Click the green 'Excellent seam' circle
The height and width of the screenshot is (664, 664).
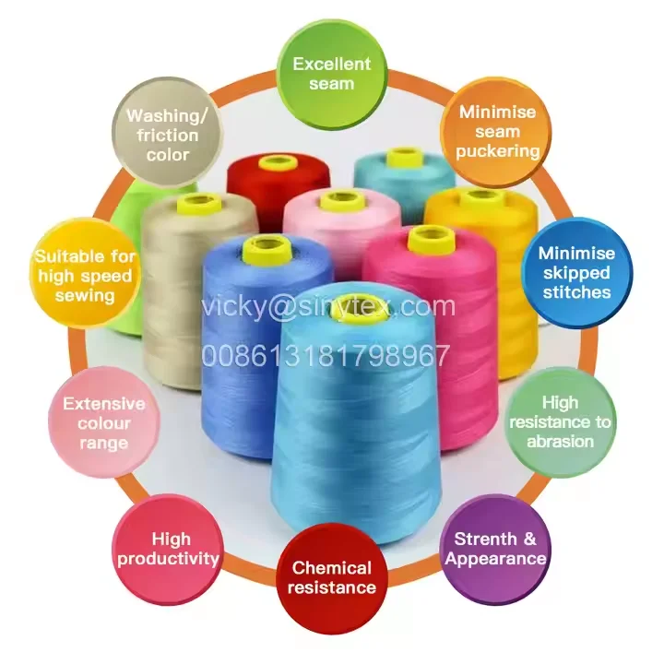331,74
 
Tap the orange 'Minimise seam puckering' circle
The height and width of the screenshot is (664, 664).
498,132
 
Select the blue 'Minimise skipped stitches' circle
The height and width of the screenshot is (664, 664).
575,272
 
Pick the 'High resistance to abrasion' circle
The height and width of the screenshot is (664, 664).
561,421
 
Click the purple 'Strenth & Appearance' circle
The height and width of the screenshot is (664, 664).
495,548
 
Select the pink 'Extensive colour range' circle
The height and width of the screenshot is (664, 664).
103,423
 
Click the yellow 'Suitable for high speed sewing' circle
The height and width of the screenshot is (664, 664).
85,275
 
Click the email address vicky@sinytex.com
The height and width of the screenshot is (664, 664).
328,306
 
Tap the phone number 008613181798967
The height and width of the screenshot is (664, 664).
326,355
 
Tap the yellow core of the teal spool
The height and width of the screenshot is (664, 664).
403,157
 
